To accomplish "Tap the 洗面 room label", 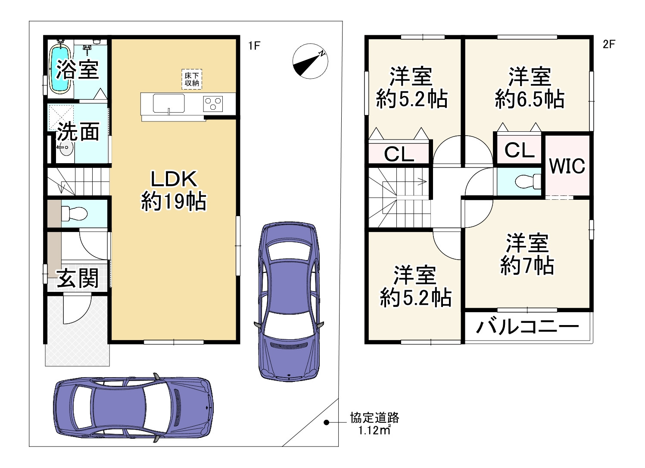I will [x=78, y=132].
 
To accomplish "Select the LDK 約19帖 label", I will [x=174, y=190].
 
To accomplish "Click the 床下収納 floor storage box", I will [x=192, y=79].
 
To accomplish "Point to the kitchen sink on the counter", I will [x=168, y=103].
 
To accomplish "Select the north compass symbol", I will [x=310, y=61].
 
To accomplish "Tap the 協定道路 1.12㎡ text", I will [x=374, y=424].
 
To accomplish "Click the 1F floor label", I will [x=254, y=46].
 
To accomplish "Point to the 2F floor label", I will [x=608, y=44].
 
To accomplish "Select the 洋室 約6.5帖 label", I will [x=529, y=88].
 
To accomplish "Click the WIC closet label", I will [x=567, y=166].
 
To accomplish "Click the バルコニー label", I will [x=527, y=327].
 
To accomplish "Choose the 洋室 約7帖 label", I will [x=527, y=254].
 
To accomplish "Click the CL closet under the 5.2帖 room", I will [x=399, y=154].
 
